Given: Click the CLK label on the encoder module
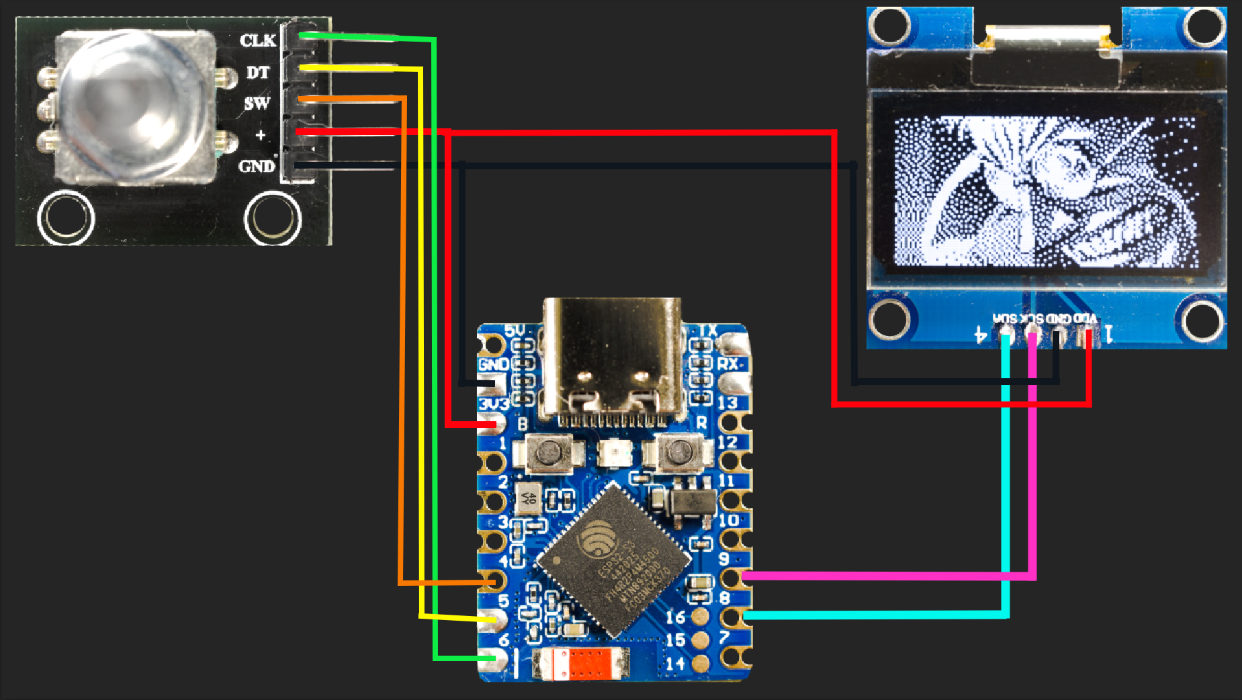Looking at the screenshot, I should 258,40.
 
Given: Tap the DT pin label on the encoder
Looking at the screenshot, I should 258,72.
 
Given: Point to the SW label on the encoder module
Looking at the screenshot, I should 257,103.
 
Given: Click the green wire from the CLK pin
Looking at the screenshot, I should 435,336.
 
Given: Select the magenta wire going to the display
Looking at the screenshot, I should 887,576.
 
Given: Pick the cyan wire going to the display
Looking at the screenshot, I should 873,615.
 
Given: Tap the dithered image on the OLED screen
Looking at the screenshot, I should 1045,191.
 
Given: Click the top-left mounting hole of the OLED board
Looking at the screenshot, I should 889,26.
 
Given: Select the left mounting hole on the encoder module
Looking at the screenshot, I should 66,218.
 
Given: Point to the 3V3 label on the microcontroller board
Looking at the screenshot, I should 493,404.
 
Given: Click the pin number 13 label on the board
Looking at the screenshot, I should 727,403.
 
